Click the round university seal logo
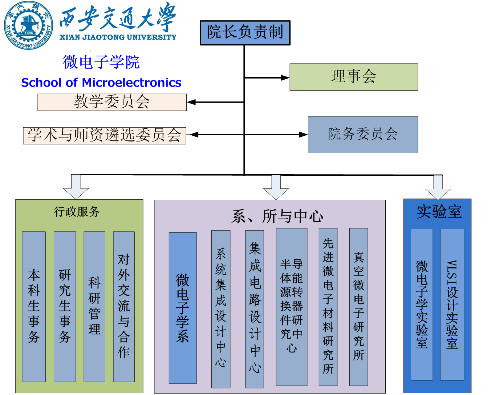click(x=28, y=25)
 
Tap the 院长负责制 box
click(x=245, y=33)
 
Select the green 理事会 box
click(x=354, y=77)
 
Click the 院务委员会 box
click(x=363, y=134)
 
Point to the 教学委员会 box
click(x=112, y=102)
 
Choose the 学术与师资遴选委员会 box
click(x=105, y=136)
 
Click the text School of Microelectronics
click(x=101, y=83)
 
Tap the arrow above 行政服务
click(x=76, y=186)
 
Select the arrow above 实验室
click(x=438, y=187)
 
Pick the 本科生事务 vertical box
click(x=34, y=307)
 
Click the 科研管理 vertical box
click(x=94, y=307)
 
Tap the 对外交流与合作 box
click(x=124, y=307)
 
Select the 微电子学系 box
click(x=183, y=308)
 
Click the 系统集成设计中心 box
click(x=221, y=308)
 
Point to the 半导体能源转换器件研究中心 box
click(x=292, y=307)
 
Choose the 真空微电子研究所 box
click(x=358, y=307)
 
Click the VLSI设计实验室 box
click(x=452, y=304)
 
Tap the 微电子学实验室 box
click(x=422, y=304)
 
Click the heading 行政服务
click(x=77, y=212)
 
